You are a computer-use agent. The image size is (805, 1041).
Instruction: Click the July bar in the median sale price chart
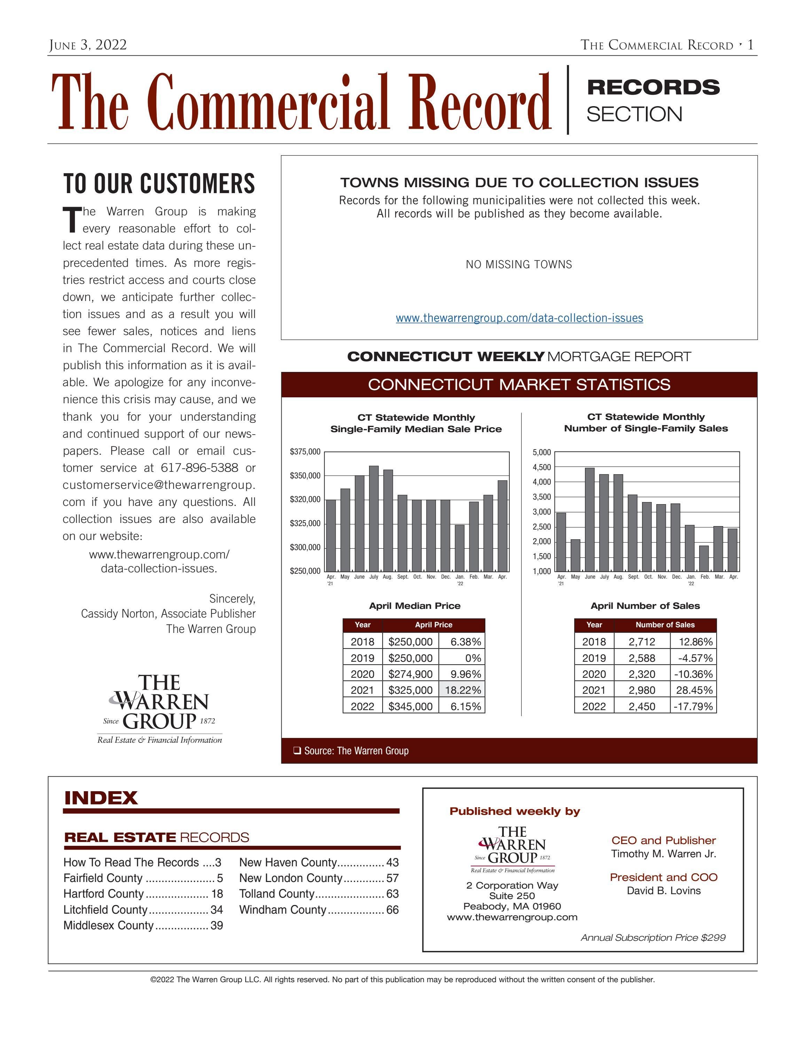click(374, 519)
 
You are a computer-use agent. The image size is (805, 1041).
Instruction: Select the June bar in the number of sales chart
click(589, 519)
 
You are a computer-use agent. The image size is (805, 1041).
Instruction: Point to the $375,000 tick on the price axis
click(305, 451)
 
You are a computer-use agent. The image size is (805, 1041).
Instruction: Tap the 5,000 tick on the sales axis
click(542, 452)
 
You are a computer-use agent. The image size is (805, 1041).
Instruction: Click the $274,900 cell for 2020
click(410, 674)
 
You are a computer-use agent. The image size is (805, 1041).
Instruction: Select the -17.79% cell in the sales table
click(693, 706)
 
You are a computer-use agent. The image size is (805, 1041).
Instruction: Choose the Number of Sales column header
click(665, 625)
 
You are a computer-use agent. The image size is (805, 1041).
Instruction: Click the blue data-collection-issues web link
click(519, 318)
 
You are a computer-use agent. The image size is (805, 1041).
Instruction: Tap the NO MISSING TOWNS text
click(519, 264)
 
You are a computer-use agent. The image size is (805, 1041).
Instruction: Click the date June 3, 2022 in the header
click(88, 45)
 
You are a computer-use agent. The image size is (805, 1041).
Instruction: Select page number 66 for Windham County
click(392, 909)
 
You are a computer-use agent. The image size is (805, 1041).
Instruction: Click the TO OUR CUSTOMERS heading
click(159, 184)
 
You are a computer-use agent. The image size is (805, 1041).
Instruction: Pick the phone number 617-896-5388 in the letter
click(200, 468)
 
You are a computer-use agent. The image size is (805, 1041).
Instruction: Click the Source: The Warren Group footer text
click(356, 751)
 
